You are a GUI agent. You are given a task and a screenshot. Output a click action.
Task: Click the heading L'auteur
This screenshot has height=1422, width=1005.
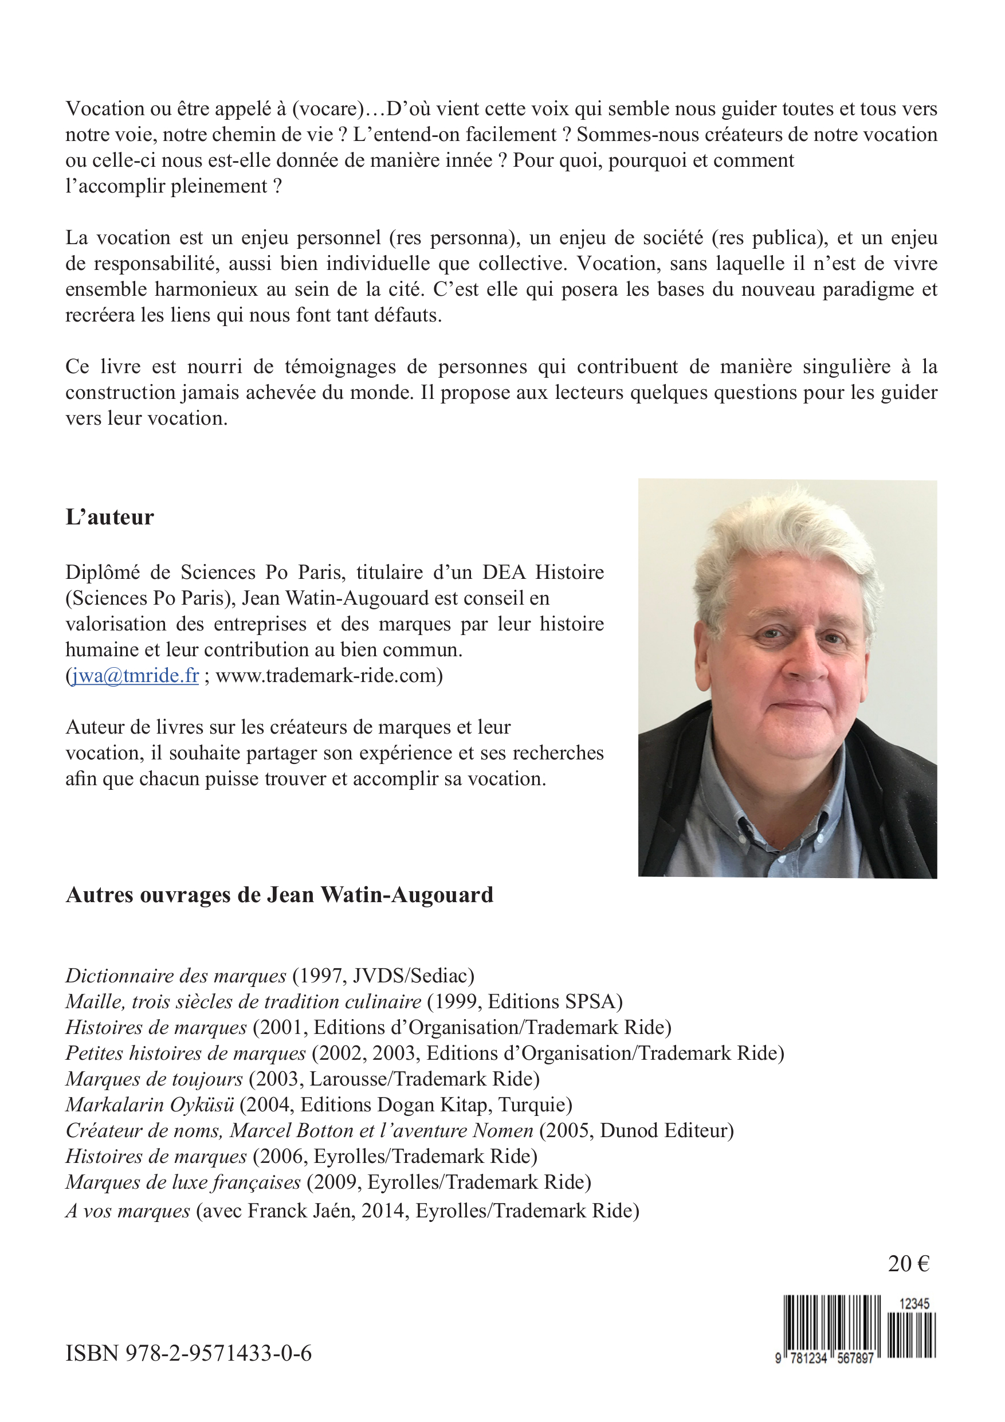pyautogui.click(x=109, y=517)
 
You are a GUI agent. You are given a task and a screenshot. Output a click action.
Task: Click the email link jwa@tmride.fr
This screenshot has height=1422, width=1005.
pyautogui.click(x=136, y=676)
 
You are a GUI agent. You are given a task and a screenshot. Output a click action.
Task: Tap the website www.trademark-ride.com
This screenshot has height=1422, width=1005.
pyautogui.click(x=327, y=676)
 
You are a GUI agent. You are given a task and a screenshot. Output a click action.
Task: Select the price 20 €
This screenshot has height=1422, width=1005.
pyautogui.click(x=908, y=1263)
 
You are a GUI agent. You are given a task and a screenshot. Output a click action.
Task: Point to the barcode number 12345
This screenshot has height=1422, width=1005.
pyautogui.click(x=914, y=1304)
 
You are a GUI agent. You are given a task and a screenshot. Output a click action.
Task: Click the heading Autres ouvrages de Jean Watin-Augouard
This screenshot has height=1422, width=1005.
pyautogui.click(x=279, y=895)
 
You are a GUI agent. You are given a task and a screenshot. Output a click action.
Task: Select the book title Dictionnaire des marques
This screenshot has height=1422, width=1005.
pyautogui.click(x=176, y=976)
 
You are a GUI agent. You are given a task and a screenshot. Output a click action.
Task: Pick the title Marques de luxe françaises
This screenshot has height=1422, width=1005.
pyautogui.click(x=183, y=1182)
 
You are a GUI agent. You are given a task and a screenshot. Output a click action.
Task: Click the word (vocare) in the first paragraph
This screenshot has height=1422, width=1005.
pyautogui.click(x=328, y=109)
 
